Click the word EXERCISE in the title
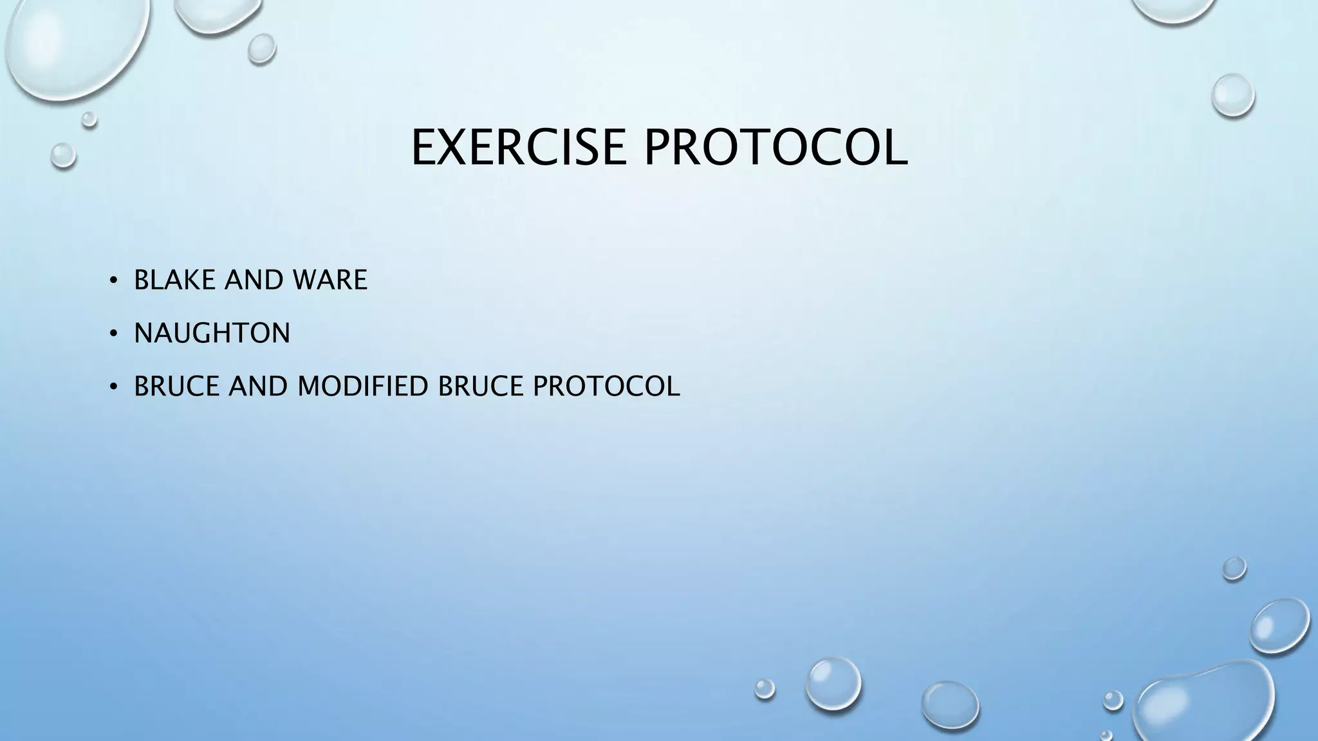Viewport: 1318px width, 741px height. [x=519, y=148]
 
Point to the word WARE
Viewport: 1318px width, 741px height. [x=329, y=280]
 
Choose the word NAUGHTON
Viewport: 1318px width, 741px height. [x=212, y=333]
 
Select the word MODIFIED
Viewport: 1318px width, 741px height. [x=363, y=386]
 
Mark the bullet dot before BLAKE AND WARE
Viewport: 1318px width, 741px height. [x=113, y=280]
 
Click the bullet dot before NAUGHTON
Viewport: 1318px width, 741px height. [x=113, y=334]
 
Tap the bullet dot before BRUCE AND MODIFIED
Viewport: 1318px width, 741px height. [x=113, y=387]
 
